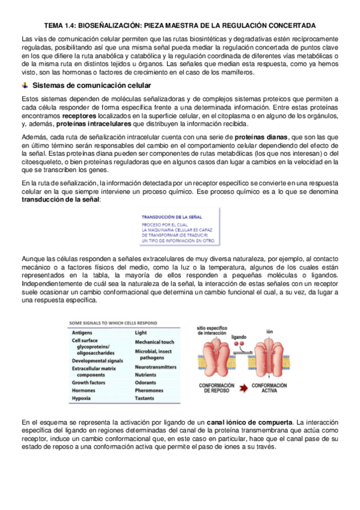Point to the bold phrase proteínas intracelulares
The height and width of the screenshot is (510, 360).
[x=95, y=123]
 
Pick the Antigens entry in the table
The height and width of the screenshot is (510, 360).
[x=82, y=332]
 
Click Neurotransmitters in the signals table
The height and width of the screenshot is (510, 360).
[x=156, y=366]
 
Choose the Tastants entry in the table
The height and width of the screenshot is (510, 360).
[x=146, y=398]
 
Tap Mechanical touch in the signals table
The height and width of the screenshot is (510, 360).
[x=154, y=342]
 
